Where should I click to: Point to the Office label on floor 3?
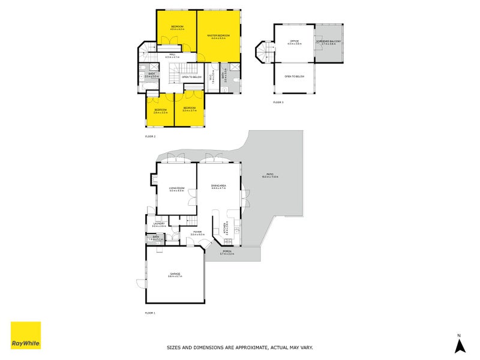294,41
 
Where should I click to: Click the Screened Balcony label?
331,41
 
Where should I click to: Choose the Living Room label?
176,189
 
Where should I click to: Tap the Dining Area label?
218,187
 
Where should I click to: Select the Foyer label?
197,232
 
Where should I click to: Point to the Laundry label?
158,224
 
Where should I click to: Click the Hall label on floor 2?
172,56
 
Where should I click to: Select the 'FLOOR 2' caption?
150,137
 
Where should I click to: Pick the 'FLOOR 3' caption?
278,103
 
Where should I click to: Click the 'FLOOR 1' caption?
150,313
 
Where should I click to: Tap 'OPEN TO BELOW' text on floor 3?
294,77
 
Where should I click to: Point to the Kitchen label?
226,228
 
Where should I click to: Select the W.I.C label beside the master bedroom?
211,77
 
